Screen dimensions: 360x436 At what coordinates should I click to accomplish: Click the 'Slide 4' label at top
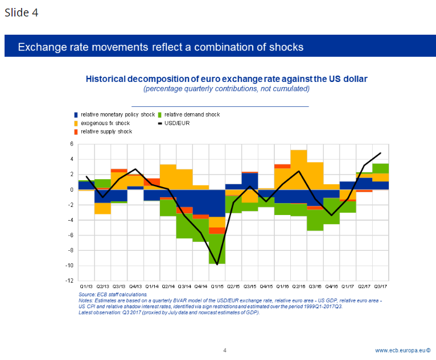(x=22, y=13)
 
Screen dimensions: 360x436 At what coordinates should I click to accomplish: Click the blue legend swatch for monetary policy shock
(x=76, y=115)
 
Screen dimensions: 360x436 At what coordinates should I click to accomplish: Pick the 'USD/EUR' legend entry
(x=177, y=123)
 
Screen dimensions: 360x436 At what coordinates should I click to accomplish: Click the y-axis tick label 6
(x=72, y=144)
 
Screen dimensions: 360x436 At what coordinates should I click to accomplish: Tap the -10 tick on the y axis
(x=70, y=266)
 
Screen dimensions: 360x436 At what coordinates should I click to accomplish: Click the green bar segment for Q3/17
(x=380, y=168)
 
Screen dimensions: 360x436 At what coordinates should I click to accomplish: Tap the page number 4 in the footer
(x=225, y=350)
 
